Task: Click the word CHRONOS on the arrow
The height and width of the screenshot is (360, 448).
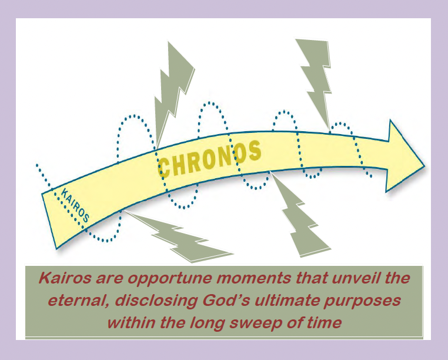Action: click(x=209, y=159)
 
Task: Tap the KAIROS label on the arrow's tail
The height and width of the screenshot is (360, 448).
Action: click(x=75, y=205)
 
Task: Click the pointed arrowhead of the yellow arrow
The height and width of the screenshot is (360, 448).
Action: click(x=405, y=156)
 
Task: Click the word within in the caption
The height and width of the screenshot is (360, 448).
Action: click(x=132, y=323)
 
